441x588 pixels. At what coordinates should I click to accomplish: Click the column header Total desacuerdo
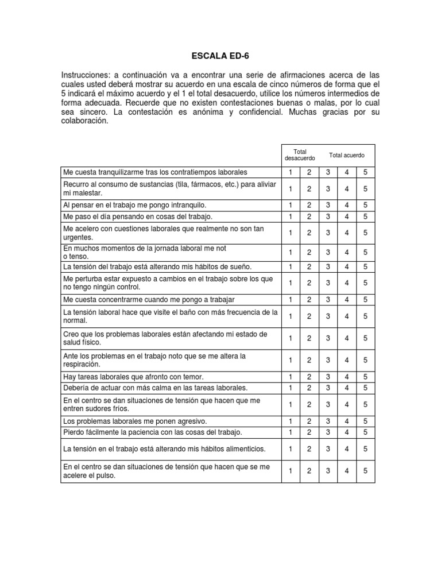click(x=300, y=155)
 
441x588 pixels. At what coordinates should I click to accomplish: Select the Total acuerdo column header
click(x=346, y=155)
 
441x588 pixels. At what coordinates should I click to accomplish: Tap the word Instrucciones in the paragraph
click(x=86, y=76)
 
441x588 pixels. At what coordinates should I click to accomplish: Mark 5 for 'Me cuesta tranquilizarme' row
click(x=365, y=172)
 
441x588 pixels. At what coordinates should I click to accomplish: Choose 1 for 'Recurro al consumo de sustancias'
click(x=291, y=188)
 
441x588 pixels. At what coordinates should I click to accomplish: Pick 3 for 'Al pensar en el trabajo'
click(x=328, y=205)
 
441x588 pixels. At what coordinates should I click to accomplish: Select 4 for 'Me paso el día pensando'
click(x=347, y=216)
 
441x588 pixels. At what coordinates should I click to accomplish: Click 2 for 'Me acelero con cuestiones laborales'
click(x=309, y=233)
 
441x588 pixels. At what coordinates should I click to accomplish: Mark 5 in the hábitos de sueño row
click(x=365, y=266)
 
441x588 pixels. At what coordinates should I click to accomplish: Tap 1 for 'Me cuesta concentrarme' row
click(x=291, y=300)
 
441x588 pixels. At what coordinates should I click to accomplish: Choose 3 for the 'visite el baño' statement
click(x=328, y=316)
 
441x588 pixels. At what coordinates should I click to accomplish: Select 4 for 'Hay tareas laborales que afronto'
click(x=347, y=377)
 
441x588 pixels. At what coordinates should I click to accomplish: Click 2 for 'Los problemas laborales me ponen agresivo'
click(x=309, y=421)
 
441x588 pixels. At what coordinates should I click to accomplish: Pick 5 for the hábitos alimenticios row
click(x=365, y=448)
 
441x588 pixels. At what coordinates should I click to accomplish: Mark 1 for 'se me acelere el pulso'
click(x=291, y=471)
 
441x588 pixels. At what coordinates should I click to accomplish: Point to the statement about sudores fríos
click(x=161, y=404)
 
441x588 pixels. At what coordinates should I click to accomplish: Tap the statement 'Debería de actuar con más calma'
click(x=156, y=388)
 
